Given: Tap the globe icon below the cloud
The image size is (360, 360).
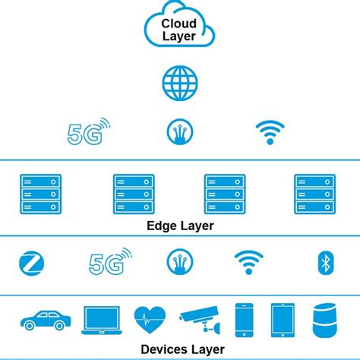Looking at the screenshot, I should point(179,81).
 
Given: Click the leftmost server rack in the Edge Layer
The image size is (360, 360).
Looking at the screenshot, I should point(41,194).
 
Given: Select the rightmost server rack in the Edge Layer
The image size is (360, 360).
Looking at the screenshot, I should point(314,194).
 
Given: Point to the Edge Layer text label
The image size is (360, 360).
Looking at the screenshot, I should point(179,226).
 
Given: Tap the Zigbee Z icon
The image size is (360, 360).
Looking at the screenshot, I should point(32,264).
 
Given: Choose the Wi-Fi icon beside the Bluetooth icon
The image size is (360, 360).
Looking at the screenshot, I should point(248,263).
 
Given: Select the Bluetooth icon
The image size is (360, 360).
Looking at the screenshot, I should point(325,264).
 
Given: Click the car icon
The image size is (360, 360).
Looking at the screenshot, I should point(46,319).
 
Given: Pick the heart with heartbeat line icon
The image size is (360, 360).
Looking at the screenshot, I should point(149,320).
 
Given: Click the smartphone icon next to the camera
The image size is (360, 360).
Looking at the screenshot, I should point(243,320).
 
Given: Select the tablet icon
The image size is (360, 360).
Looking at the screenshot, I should point(283,320).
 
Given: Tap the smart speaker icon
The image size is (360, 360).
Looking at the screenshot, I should point(324,320).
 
